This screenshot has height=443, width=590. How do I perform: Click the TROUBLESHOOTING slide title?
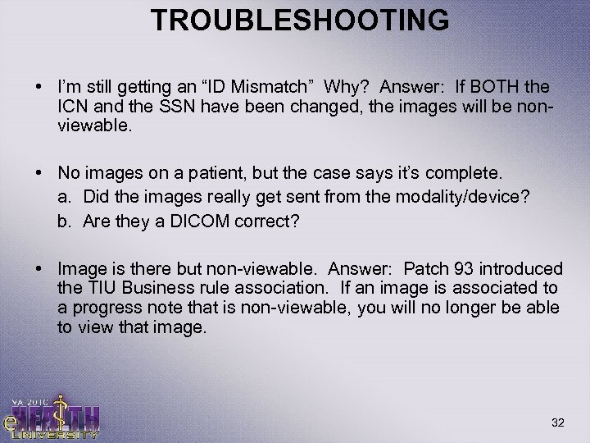click(300, 19)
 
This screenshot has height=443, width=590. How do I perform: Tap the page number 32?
click(559, 422)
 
